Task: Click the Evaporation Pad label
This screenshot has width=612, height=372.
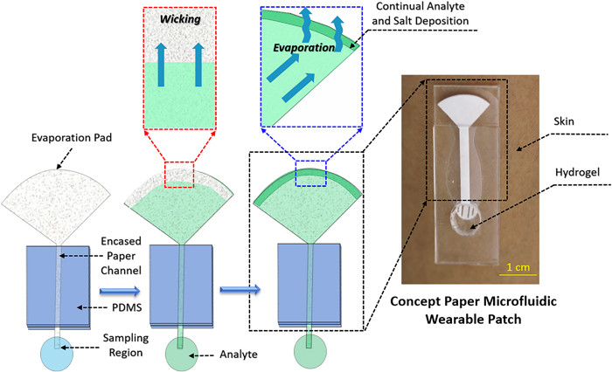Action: [72, 138]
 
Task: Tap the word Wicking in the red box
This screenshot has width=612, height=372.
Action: [180, 19]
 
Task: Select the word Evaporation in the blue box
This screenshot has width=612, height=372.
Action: [303, 48]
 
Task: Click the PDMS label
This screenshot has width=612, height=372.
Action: [127, 307]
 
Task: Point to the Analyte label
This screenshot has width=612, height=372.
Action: [239, 355]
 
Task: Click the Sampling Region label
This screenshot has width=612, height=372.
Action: [126, 345]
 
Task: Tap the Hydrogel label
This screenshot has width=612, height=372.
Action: [577, 172]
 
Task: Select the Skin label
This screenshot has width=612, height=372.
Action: [564, 121]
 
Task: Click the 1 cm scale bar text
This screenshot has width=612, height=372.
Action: [518, 267]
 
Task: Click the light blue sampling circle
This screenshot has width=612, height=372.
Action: [57, 354]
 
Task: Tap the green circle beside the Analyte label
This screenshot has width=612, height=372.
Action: [182, 354]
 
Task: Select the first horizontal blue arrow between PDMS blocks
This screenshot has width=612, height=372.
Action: [120, 291]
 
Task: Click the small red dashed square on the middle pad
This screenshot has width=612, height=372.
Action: [179, 175]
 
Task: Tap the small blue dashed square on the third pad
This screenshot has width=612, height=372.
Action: [310, 174]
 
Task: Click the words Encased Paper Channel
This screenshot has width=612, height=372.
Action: [121, 256]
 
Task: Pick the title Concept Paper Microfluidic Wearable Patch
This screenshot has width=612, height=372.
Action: [474, 310]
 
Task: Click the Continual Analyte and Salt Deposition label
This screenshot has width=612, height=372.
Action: [420, 13]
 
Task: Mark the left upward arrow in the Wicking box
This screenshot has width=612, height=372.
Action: [161, 65]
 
